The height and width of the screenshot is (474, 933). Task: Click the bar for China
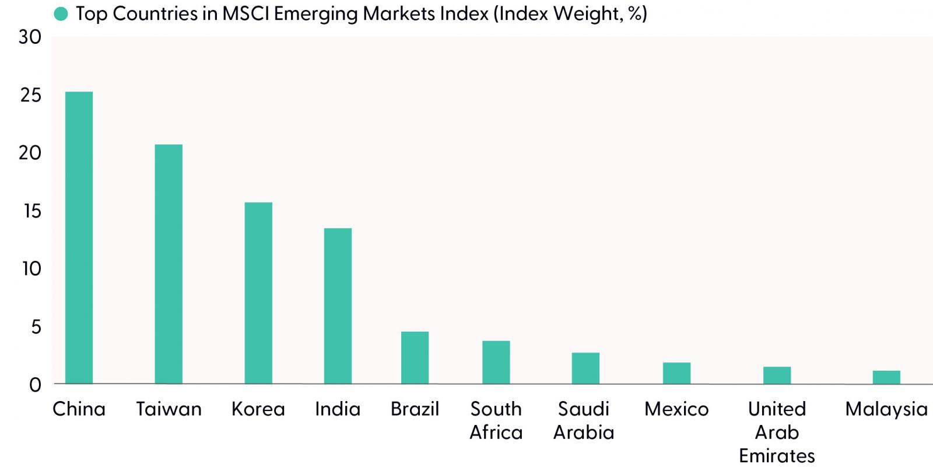point(79,238)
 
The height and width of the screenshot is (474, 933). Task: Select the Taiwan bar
point(169,264)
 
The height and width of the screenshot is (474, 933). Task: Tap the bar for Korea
point(258,293)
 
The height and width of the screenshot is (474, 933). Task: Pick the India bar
point(338,306)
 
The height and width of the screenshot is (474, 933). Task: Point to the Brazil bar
point(415,358)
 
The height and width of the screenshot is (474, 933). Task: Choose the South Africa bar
point(496,363)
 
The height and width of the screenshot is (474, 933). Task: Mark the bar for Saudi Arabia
point(585,368)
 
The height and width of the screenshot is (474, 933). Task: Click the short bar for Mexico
point(677,373)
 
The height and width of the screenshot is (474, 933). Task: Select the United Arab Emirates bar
point(777,375)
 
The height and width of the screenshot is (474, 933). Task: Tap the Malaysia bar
point(886,377)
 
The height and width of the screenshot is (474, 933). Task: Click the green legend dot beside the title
point(61,14)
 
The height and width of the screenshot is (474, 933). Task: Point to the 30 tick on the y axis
point(30,37)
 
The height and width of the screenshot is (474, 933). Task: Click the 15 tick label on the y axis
point(33,211)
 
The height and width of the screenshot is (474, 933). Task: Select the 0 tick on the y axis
point(36,385)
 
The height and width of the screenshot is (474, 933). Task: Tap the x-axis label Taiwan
point(169,409)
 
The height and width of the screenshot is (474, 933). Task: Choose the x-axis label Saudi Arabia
point(584,421)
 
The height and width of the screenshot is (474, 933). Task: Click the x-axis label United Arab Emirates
point(777,433)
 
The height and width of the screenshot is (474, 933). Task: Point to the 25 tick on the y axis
point(31,95)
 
